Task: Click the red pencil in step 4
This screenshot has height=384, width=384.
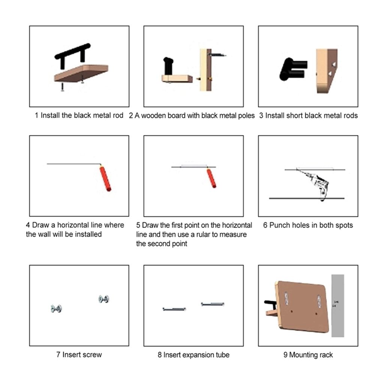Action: (105, 178)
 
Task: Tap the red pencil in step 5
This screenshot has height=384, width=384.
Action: (211, 178)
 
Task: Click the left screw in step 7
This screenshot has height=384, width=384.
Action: (56, 309)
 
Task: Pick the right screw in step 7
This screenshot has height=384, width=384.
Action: (104, 299)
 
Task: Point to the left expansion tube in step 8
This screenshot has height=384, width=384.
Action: (174, 309)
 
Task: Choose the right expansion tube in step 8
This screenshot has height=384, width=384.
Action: (213, 304)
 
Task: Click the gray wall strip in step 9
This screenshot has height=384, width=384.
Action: (338, 306)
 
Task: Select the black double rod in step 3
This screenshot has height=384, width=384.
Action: (293, 69)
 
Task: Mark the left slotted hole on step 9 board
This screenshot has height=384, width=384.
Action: (286, 298)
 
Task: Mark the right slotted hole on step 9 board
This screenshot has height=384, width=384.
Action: (319, 301)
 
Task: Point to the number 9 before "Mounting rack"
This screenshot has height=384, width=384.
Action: (285, 355)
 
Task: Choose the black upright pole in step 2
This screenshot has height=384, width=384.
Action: (168, 66)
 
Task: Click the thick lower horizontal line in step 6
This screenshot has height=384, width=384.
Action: (307, 198)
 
